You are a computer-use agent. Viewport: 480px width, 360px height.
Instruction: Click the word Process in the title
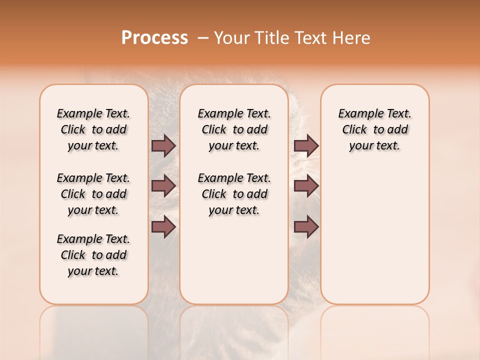(x=154, y=37)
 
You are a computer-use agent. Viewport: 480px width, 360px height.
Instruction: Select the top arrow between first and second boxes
(x=163, y=146)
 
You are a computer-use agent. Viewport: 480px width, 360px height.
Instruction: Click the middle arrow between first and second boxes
(x=163, y=186)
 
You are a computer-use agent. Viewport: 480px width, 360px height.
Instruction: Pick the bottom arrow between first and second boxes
(x=163, y=227)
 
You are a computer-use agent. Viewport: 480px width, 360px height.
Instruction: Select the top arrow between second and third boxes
(x=306, y=146)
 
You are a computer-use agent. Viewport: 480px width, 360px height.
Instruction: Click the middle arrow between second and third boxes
(x=306, y=186)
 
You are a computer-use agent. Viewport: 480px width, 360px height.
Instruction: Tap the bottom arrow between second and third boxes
(x=306, y=227)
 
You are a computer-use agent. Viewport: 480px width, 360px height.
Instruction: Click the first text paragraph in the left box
(x=93, y=129)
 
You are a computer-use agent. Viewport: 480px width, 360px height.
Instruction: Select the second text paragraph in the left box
(x=93, y=194)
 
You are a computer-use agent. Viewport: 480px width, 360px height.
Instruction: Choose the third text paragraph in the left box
(x=93, y=255)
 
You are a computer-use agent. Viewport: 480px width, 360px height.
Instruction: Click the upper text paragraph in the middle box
(x=234, y=129)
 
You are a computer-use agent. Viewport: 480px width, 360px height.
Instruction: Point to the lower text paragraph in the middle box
(x=234, y=194)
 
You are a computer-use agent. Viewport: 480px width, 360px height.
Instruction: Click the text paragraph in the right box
(x=374, y=129)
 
